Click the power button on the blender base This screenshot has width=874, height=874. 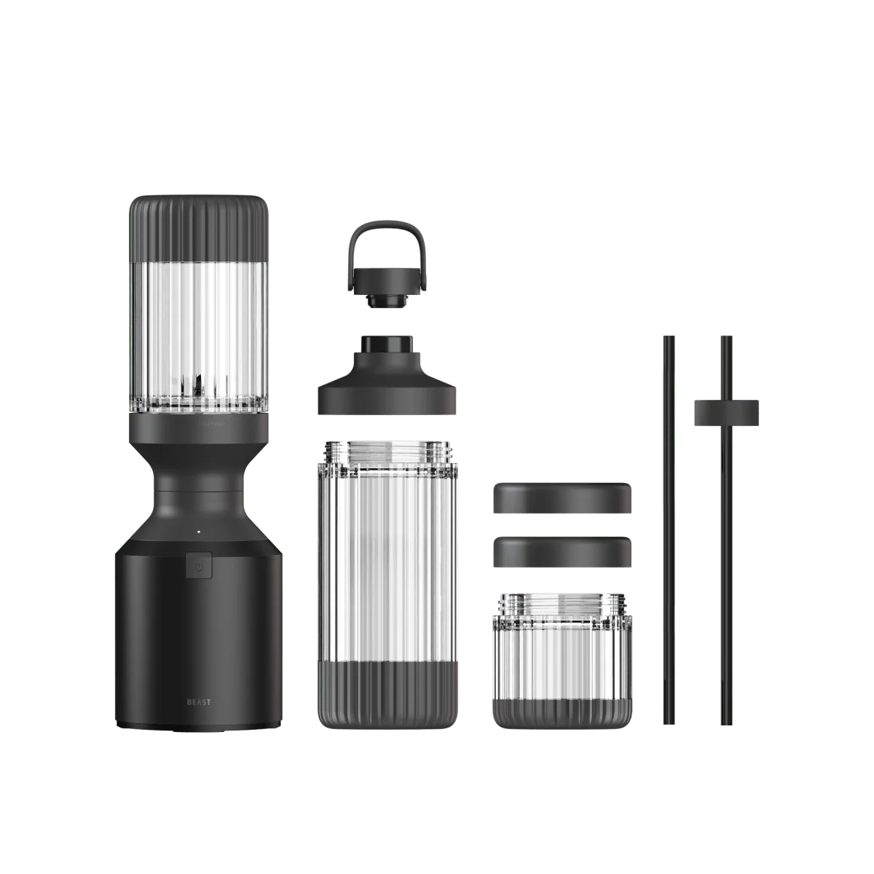pos(199,565)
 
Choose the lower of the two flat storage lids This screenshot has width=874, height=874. pos(562,552)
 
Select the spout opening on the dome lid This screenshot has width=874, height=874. pos(387,344)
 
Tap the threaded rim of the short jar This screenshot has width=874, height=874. pos(562,603)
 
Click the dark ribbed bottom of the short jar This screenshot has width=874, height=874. pos(562,707)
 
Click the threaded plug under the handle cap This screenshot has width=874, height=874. pos(378,299)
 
